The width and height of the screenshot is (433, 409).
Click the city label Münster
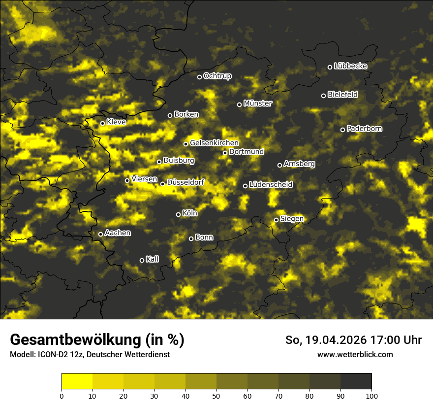coord(257,103)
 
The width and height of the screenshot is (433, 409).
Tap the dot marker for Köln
coord(178,214)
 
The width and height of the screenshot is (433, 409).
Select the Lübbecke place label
coord(350,66)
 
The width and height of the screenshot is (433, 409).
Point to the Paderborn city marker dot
coord(343,130)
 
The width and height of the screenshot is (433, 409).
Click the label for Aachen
coord(118,233)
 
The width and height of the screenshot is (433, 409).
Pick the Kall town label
coord(152,259)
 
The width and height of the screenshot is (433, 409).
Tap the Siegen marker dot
coord(277,220)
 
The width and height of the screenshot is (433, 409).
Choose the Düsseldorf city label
coord(186,182)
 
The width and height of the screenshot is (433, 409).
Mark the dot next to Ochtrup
coord(199,77)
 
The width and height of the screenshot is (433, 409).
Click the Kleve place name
coord(116,122)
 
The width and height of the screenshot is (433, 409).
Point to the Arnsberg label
coord(299,164)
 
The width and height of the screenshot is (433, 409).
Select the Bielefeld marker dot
coord(323,96)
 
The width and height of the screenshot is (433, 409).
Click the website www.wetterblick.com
coord(355,354)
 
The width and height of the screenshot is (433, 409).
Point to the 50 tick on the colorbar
coord(216,395)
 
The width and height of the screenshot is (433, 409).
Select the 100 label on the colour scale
coord(371,395)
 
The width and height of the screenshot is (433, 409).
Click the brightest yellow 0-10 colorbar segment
coord(77,381)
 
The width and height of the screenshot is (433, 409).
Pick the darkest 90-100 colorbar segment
coord(356,381)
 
